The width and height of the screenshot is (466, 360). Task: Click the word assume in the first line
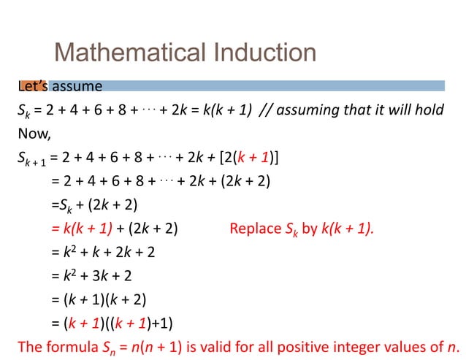pos(77,86)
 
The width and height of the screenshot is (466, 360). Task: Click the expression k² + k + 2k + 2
pos(109,252)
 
